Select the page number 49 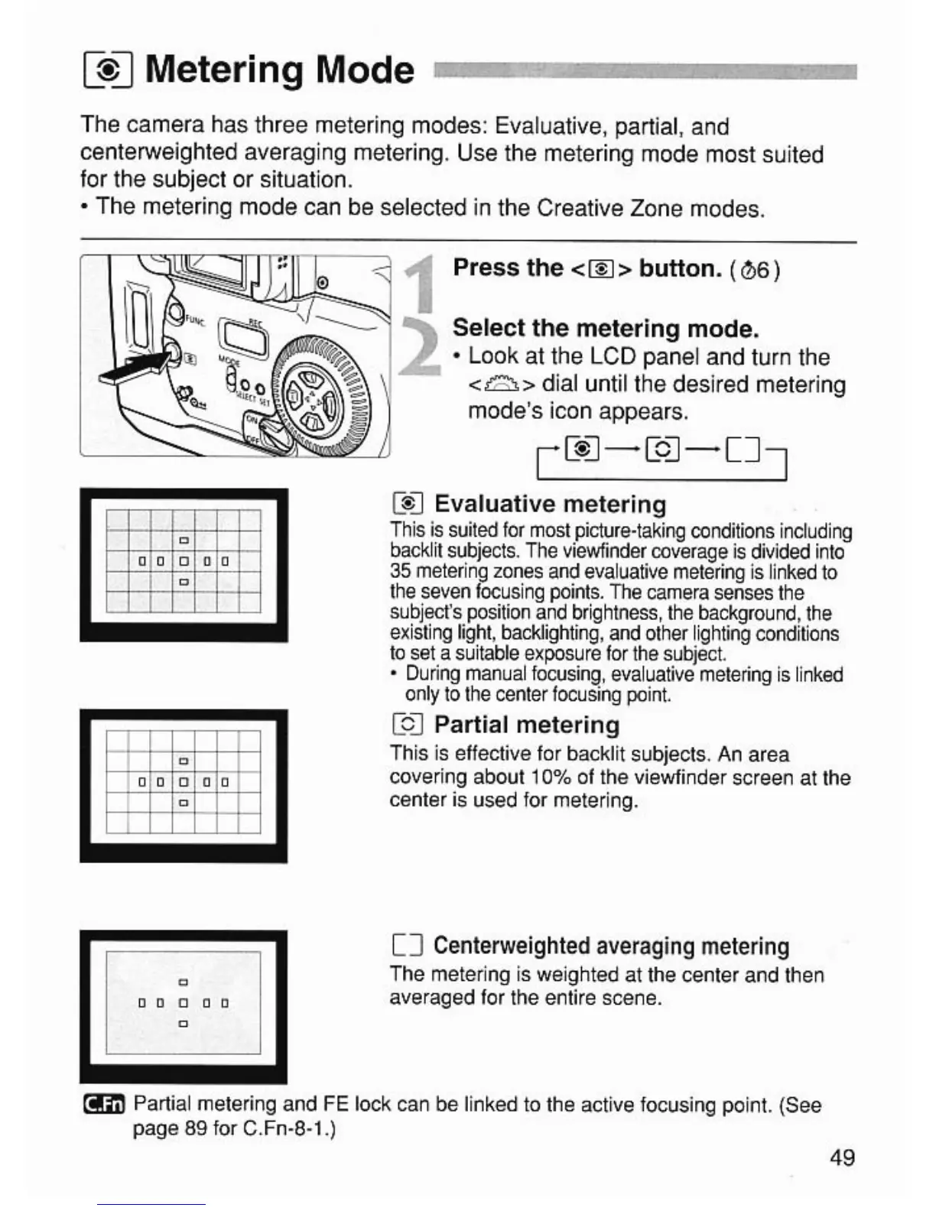841,1157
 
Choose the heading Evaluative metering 550,505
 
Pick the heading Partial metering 527,725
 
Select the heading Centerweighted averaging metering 611,946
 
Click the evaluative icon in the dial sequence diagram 580,450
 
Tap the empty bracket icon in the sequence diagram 743,450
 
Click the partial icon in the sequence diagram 662,450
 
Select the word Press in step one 486,268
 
